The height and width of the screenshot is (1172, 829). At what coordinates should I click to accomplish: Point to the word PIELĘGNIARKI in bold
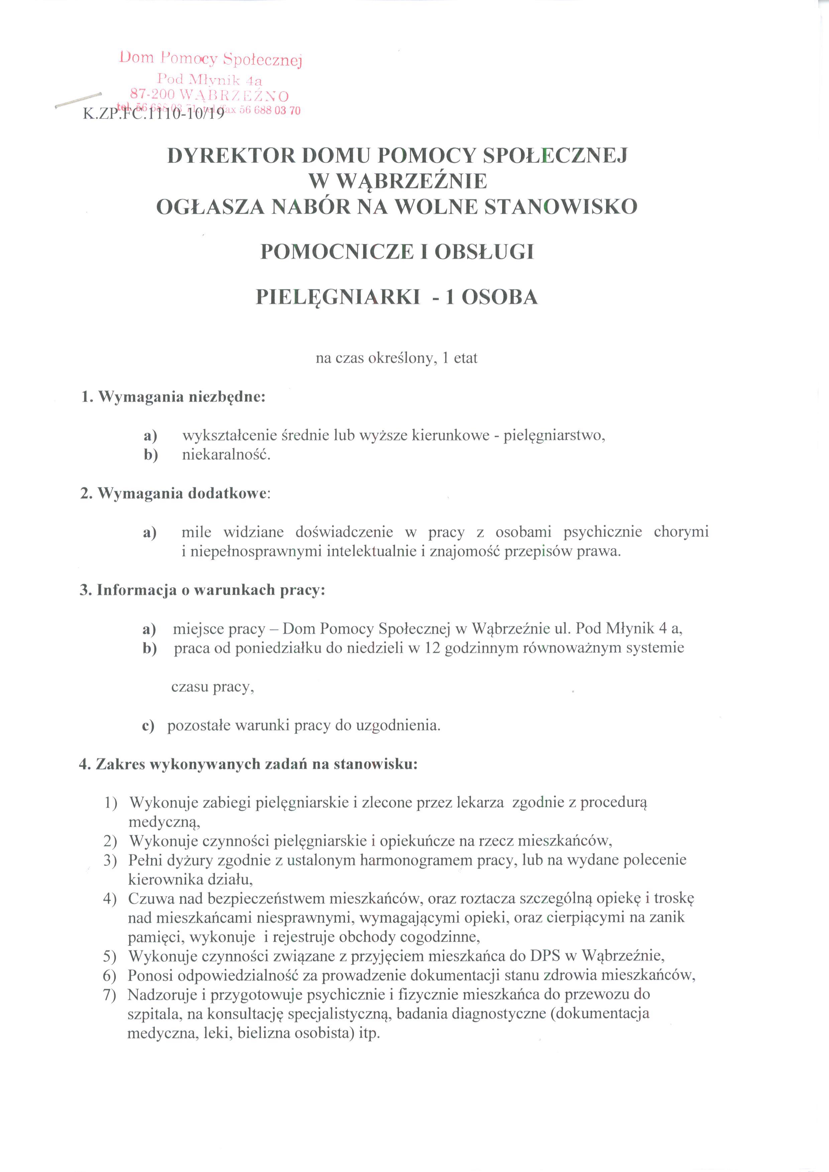(338, 297)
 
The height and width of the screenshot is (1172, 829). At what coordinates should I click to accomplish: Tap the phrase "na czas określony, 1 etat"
(396, 358)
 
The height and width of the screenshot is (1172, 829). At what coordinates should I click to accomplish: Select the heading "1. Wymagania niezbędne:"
(173, 397)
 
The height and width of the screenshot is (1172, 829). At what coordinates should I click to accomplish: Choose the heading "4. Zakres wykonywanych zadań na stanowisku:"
(249, 764)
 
